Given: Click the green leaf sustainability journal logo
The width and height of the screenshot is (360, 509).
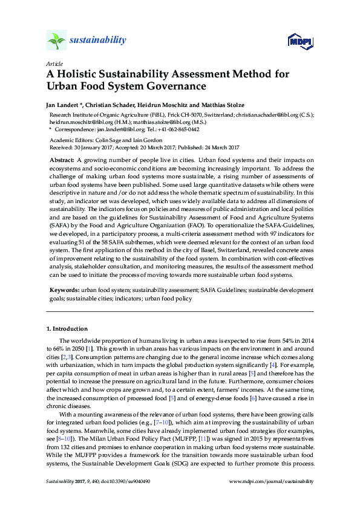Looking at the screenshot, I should pos(56,41).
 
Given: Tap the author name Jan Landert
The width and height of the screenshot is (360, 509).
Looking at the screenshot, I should pos(62,105).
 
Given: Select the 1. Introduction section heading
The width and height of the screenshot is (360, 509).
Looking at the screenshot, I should pos(67,329).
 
